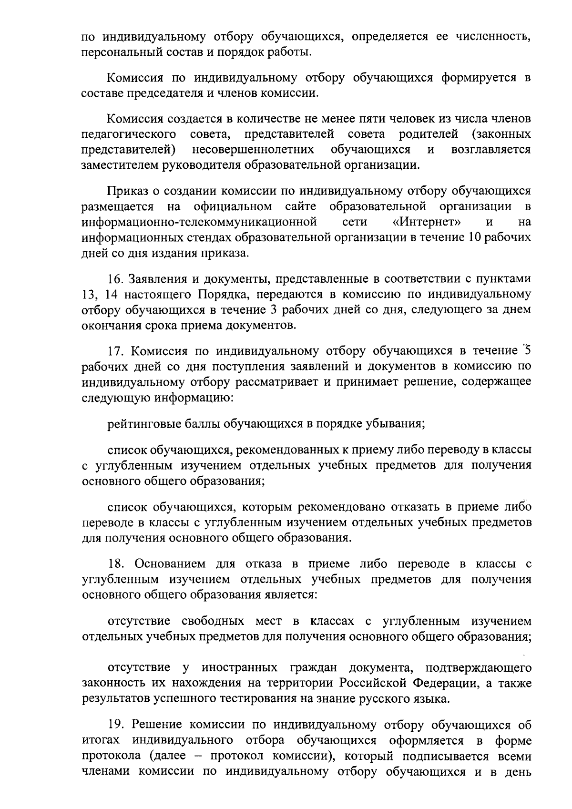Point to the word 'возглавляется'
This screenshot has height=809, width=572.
pyautogui.click(x=490, y=150)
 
